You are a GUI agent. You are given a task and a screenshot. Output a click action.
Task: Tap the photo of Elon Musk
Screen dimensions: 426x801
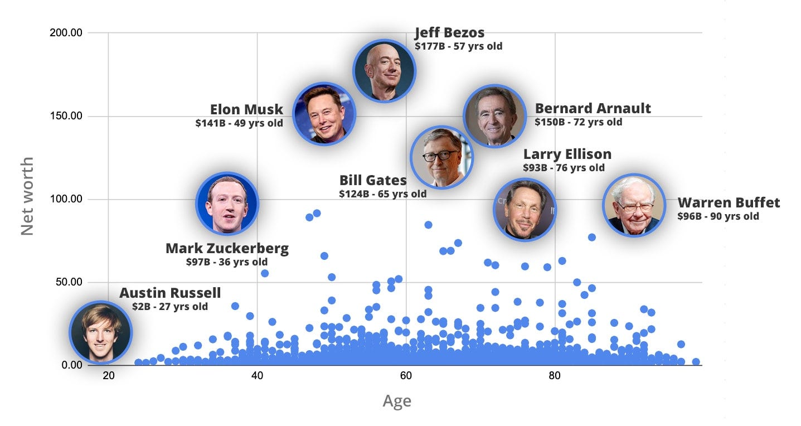point(324,114)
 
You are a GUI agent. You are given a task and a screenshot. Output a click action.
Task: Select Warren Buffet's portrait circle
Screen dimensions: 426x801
point(634,205)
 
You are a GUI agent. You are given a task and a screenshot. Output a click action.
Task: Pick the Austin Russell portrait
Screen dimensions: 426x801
point(100,332)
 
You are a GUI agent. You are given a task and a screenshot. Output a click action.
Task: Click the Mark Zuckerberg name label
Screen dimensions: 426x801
point(227,248)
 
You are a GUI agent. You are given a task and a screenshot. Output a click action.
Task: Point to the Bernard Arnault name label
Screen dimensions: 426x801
point(593,108)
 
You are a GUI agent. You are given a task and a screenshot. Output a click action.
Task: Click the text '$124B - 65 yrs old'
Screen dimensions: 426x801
point(382,194)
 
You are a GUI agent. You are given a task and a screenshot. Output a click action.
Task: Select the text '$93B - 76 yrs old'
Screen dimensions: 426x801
point(563,167)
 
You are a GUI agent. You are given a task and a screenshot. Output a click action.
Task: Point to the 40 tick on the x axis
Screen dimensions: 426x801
point(257,375)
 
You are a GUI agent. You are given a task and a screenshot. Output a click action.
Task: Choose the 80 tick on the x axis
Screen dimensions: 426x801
point(555,375)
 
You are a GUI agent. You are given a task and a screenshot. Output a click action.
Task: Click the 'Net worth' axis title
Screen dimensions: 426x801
point(27,196)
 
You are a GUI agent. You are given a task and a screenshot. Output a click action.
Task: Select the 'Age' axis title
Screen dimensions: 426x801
point(397,401)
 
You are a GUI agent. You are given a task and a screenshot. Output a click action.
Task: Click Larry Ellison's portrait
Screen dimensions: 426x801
point(525,210)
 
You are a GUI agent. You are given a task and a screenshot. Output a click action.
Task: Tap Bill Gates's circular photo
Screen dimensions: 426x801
point(441,157)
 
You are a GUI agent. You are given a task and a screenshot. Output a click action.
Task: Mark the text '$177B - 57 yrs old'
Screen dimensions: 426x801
point(458,46)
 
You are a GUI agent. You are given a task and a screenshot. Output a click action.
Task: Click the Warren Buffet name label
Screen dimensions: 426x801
point(729,202)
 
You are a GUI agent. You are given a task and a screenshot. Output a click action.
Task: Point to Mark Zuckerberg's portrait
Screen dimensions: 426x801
point(227,203)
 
